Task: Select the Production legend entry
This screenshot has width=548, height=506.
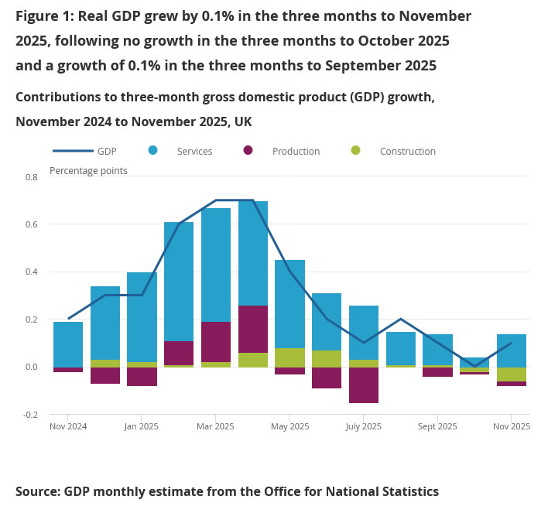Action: [296, 152]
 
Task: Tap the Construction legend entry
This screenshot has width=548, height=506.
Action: [407, 152]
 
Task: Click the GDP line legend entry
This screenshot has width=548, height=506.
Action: [107, 152]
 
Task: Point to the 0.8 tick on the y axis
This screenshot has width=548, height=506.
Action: [32, 177]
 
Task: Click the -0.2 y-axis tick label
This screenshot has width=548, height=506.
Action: [30, 415]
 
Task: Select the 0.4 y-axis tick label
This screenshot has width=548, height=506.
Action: [32, 272]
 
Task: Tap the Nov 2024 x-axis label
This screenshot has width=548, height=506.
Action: [68, 426]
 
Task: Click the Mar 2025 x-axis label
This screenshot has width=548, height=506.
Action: [215, 426]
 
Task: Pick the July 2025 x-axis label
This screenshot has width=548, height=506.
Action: [364, 426]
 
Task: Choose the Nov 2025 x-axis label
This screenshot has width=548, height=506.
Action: [512, 426]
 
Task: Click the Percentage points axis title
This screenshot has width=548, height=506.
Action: [88, 171]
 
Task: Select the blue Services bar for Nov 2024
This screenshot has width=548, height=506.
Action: [68, 344]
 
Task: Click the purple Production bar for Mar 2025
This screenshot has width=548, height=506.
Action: [216, 342]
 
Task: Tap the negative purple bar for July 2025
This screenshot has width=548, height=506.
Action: [364, 385]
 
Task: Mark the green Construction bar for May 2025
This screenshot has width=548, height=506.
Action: [290, 357]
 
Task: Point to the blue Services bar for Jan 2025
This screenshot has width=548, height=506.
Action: [142, 317]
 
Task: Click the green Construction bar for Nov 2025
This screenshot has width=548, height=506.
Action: [512, 374]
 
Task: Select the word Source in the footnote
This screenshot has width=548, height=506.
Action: [36, 491]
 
